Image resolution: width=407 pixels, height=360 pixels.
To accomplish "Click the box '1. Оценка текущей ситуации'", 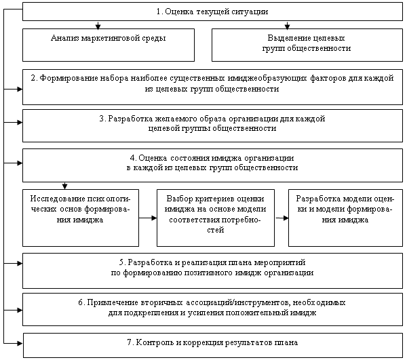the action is (x=212, y=12).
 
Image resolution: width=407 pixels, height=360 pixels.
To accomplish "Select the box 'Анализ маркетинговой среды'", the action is (x=109, y=45).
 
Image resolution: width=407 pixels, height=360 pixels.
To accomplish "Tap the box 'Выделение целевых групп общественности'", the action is (x=307, y=45).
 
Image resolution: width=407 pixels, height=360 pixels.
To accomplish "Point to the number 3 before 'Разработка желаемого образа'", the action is (x=102, y=119).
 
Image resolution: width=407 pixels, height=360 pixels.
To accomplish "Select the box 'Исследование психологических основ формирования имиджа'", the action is (x=81, y=218).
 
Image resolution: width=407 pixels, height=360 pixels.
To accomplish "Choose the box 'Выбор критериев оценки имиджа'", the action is (x=216, y=218).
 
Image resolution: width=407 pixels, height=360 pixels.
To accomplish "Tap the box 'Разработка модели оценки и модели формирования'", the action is (x=345, y=218).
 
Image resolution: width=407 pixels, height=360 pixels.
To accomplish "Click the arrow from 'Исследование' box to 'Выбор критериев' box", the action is (x=148, y=218).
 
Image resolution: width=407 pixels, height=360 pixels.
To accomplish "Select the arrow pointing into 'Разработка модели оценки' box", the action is (x=282, y=218).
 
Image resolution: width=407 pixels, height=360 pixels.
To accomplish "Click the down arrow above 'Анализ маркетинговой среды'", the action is (x=98, y=24).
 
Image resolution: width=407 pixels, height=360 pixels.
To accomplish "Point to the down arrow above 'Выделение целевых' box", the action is (x=287, y=24).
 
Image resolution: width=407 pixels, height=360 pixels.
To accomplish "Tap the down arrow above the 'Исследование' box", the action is (x=65, y=186).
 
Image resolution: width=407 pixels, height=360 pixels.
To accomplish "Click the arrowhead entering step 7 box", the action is (x=20, y=343).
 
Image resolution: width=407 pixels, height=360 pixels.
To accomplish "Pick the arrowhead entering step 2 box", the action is (x=20, y=89).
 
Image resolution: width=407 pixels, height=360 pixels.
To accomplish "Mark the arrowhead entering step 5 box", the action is (x=20, y=264).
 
